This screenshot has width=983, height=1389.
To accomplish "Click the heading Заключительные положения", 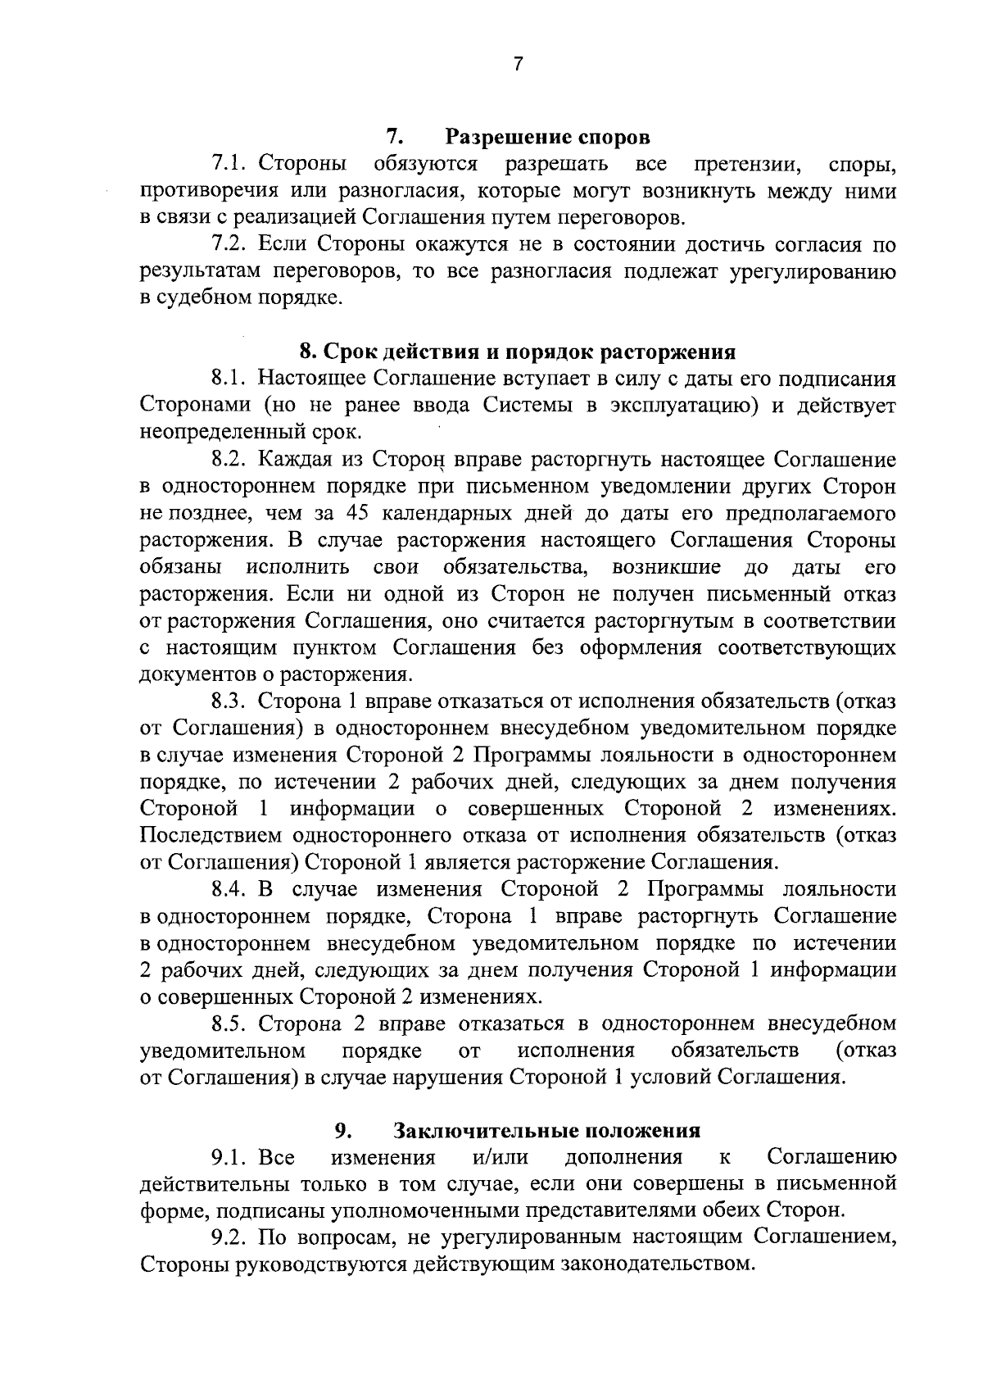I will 547,1131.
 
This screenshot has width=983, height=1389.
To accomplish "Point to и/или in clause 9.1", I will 501,1157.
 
